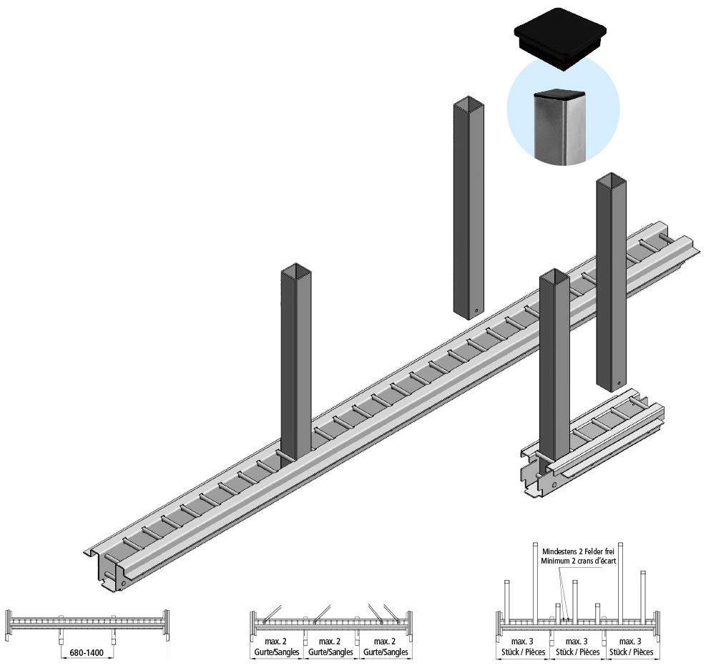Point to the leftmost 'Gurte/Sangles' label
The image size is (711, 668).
[277, 652]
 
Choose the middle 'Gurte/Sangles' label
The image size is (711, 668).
[330, 652]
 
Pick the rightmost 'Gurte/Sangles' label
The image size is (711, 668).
[386, 652]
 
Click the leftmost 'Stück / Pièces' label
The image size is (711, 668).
[524, 652]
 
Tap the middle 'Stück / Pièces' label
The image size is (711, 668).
[579, 652]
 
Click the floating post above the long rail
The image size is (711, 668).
[469, 207]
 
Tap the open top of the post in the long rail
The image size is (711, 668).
[296, 271]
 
